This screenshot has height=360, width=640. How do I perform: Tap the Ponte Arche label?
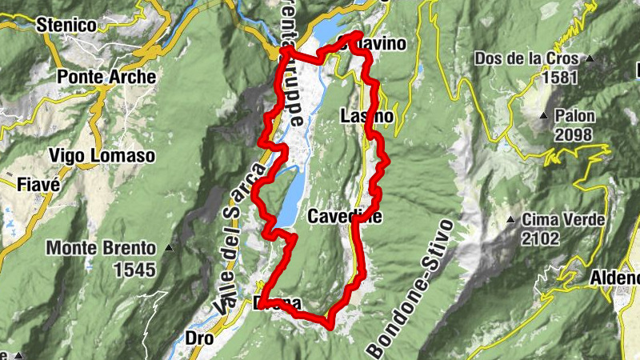[x=106, y=78]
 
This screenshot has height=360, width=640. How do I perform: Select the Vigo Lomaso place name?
[x=101, y=155]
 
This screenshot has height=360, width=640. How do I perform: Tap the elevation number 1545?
[x=134, y=270]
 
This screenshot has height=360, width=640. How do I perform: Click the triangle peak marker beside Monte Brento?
[x=169, y=249]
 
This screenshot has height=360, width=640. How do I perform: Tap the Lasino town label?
[x=367, y=117]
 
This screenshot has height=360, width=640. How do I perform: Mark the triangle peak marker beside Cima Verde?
[x=510, y=219]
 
